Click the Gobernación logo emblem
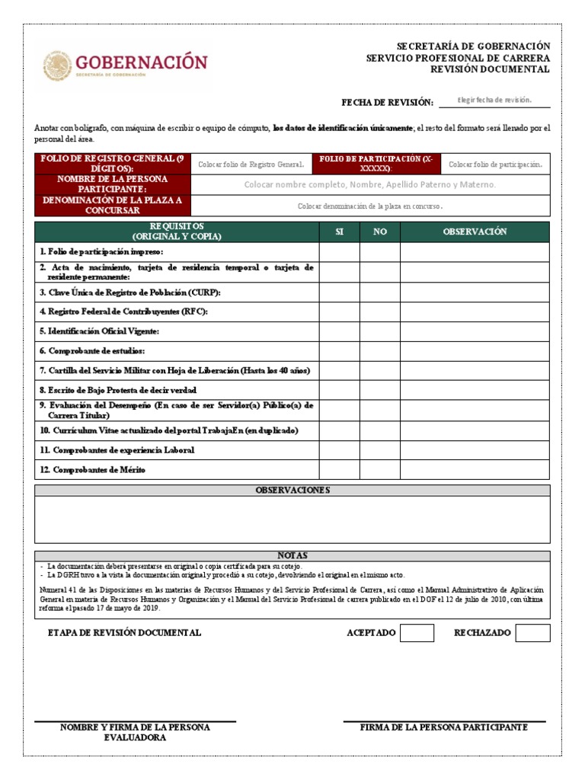point(58,66)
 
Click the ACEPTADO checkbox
point(417,633)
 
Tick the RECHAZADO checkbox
point(532,633)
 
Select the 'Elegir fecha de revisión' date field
point(494,101)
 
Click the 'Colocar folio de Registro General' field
point(251,164)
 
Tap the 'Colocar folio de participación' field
point(495,164)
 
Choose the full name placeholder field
point(369,184)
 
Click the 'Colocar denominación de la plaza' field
point(369,205)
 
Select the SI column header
point(339,232)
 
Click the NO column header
point(380,232)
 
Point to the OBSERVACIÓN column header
point(475,232)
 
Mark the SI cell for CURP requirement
point(339,292)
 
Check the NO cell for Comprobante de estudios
point(380,351)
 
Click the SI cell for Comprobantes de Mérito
point(339,470)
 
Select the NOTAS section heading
point(292,556)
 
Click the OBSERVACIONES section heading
point(292,490)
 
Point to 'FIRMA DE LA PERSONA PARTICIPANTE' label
point(444,727)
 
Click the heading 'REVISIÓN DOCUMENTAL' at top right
point(490,69)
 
